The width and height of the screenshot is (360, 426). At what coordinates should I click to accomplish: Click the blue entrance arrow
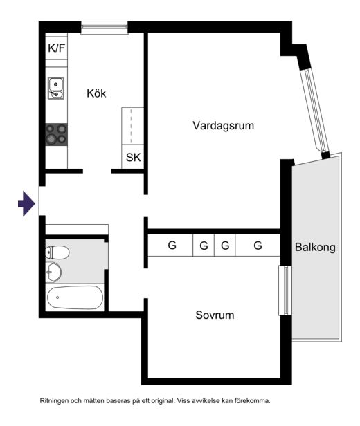(26, 204)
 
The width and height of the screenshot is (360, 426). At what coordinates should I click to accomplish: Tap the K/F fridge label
(57, 48)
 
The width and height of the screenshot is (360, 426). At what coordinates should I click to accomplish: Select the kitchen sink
(56, 88)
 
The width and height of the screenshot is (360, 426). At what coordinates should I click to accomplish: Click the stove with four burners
(56, 134)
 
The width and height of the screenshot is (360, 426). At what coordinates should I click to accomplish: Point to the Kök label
(96, 93)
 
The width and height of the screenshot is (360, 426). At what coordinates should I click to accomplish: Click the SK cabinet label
(133, 157)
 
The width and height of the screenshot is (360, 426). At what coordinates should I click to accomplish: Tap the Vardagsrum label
(223, 126)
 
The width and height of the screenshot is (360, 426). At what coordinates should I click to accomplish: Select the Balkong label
(315, 248)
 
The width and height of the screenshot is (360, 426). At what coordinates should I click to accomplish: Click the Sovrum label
(215, 315)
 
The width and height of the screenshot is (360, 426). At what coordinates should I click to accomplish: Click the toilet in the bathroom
(57, 252)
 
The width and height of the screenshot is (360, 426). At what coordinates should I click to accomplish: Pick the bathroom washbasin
(53, 272)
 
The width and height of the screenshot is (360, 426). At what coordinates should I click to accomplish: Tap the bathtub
(75, 297)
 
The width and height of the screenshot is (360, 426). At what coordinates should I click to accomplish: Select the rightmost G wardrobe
(258, 246)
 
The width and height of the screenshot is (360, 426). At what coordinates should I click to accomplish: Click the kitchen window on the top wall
(105, 28)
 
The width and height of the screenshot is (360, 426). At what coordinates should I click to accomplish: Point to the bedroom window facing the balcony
(285, 290)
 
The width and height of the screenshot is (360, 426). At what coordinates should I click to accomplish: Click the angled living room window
(315, 111)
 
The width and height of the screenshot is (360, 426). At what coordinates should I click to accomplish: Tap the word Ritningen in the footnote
(55, 400)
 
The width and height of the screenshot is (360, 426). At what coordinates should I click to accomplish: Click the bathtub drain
(57, 297)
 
